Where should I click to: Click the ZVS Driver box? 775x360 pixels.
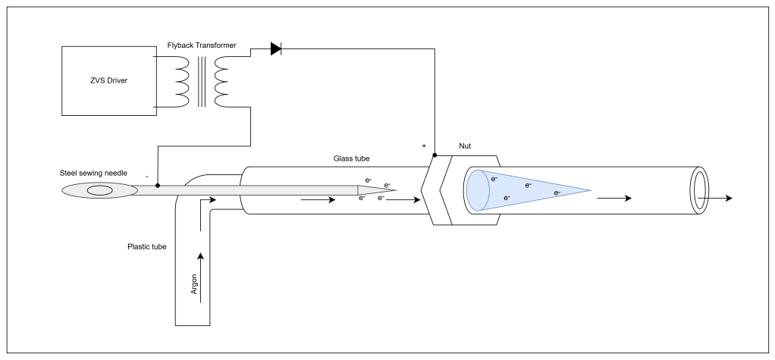coord(108,81)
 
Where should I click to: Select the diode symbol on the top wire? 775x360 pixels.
coord(276,49)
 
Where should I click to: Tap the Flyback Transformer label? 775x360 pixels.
coord(202,45)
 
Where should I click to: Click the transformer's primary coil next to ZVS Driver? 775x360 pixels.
coord(181,82)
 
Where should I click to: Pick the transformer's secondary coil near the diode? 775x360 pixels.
coord(222,82)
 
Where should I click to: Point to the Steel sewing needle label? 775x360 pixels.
coord(93,173)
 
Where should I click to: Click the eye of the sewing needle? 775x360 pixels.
coord(100,191)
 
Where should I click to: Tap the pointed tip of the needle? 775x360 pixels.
coord(395,190)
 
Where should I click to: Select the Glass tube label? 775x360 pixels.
coord(351,158)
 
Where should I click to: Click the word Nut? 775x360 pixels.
coord(465,146)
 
